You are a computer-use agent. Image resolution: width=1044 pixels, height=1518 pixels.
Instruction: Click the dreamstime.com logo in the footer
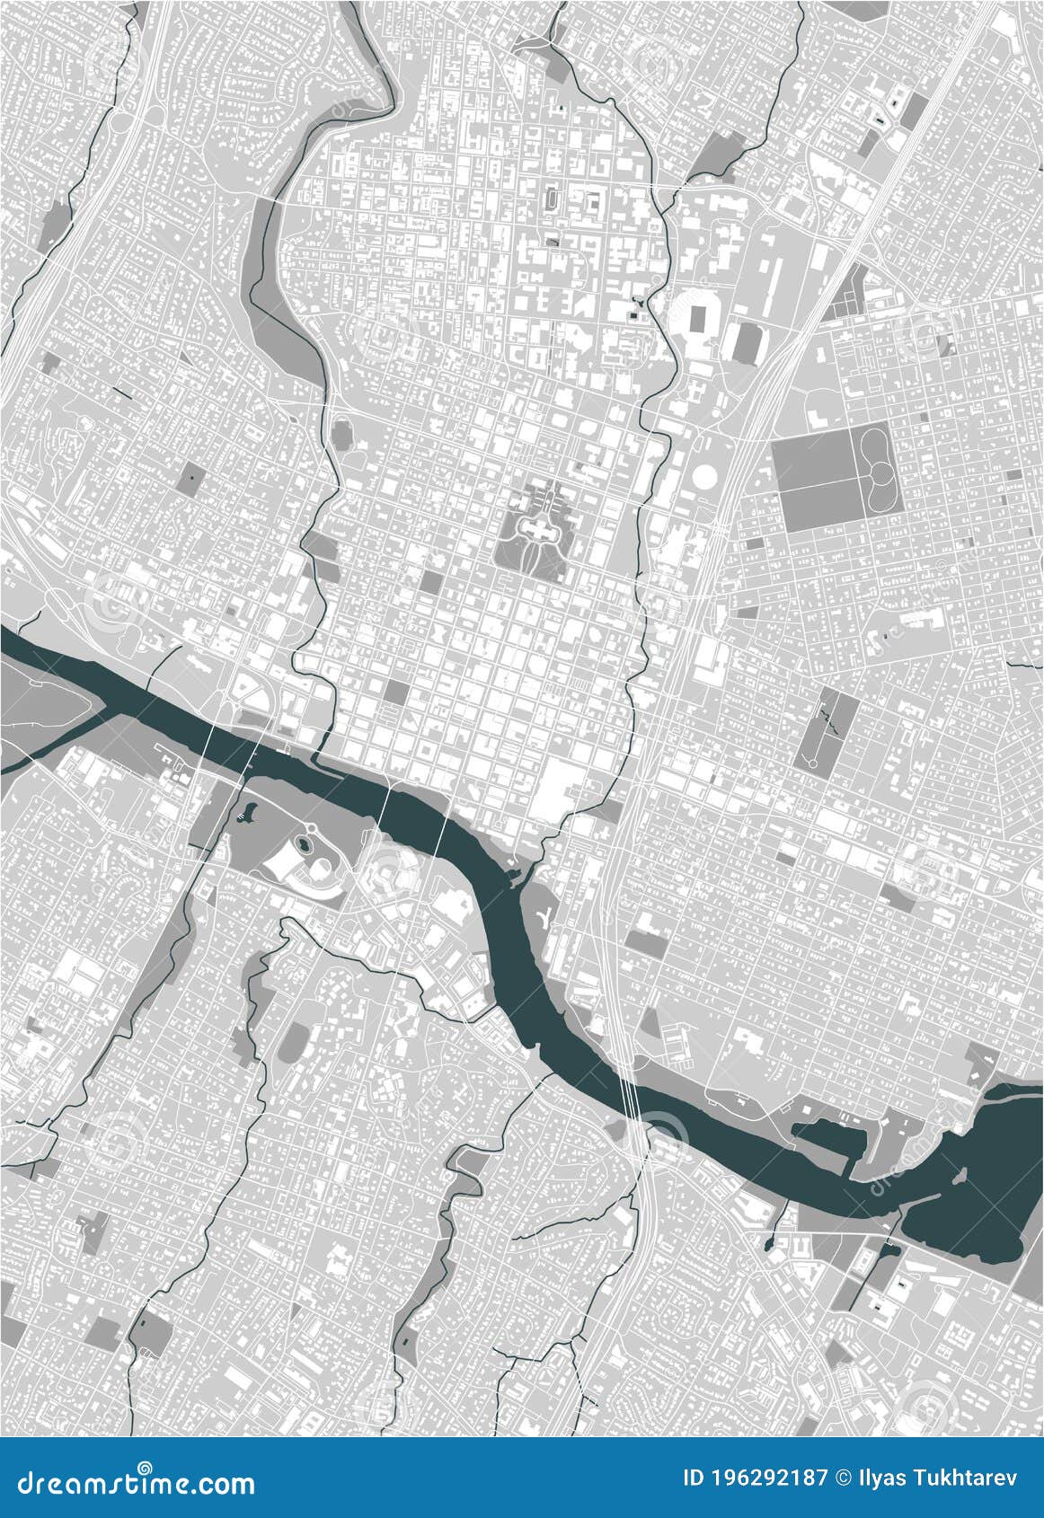pos(129,1482)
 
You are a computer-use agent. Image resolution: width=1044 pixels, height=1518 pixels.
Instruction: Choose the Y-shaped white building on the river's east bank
pos(544,917)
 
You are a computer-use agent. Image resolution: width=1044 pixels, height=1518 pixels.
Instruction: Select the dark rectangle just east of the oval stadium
pos(747,342)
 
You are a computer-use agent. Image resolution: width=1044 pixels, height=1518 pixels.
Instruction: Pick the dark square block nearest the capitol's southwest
pos(431,582)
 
